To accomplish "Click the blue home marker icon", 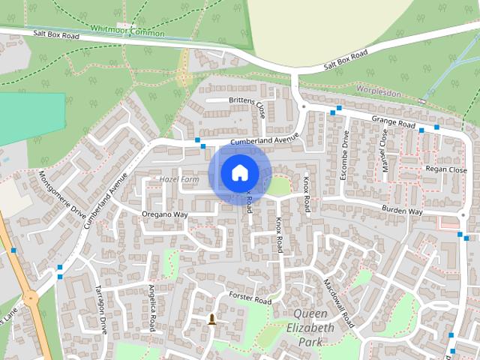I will (x=239, y=172).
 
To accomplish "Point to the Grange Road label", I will (x=394, y=122).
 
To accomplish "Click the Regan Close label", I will (x=445, y=170).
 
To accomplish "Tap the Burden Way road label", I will (x=402, y=211).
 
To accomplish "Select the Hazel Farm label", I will (x=178, y=180).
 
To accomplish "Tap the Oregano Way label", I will (x=164, y=214).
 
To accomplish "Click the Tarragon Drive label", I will (x=100, y=308).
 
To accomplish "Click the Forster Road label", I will (x=250, y=298).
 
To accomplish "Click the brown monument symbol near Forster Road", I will (x=212, y=319).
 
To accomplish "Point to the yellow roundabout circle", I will (x=30, y=298).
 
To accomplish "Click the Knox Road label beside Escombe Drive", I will (x=306, y=195).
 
